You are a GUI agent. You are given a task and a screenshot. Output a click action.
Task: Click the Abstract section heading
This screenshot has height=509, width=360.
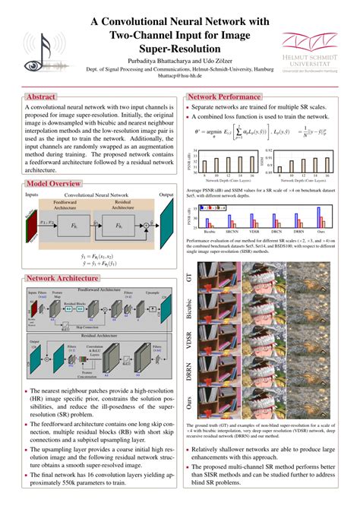tap(40, 97)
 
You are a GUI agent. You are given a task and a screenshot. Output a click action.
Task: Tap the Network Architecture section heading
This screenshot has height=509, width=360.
tap(64, 258)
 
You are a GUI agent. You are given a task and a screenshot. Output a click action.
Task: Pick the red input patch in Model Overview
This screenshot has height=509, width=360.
tap(30, 226)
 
